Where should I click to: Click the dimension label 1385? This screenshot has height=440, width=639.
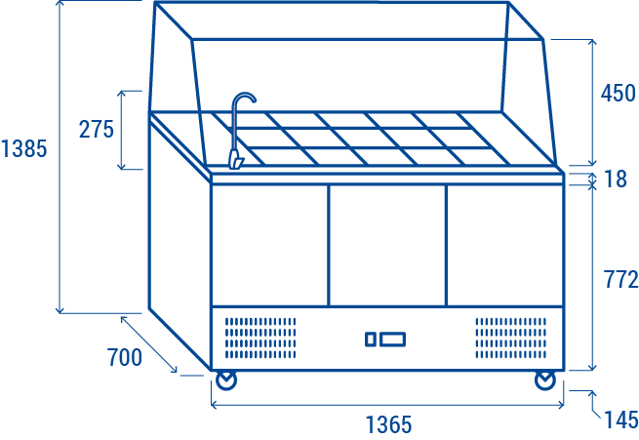(24, 149)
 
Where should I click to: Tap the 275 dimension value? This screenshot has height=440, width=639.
(97, 129)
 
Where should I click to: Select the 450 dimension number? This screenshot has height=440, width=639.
(619, 94)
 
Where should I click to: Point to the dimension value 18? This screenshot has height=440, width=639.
(615, 179)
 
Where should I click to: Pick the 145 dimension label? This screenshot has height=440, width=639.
(620, 420)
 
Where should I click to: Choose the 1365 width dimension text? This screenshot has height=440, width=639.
(388, 424)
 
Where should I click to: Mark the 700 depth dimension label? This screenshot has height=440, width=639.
(124, 357)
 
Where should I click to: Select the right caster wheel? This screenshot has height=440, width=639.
(544, 380)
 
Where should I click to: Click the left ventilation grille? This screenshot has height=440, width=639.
(260, 337)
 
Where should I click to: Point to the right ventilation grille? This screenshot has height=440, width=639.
(510, 337)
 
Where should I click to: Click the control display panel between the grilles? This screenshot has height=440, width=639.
(385, 340)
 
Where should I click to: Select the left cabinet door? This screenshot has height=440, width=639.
(269, 244)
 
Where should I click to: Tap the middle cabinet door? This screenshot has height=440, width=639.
(386, 244)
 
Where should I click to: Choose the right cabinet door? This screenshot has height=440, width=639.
(504, 244)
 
